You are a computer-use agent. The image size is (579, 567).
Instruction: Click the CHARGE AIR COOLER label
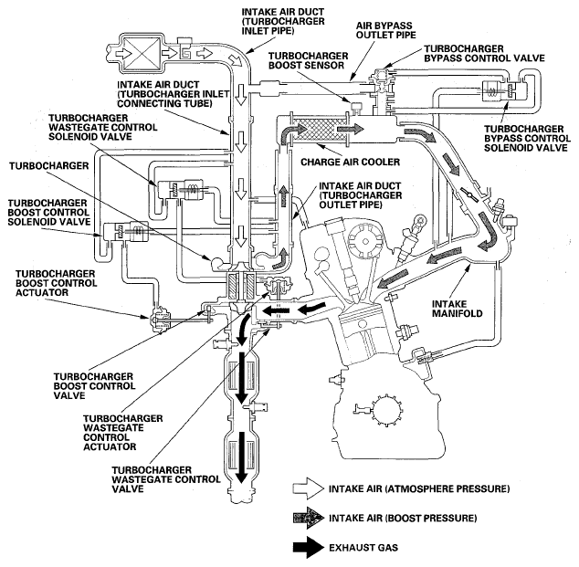click(350, 162)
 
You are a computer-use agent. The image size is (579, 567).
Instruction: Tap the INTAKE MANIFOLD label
click(458, 309)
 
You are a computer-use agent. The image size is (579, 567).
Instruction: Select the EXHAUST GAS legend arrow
click(308, 547)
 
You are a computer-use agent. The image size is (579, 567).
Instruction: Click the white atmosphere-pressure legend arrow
click(308, 488)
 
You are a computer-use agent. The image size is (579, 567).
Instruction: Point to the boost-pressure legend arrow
click(308, 518)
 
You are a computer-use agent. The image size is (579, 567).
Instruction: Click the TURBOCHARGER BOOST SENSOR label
click(308, 60)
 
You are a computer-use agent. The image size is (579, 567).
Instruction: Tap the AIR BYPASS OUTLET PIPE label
click(386, 30)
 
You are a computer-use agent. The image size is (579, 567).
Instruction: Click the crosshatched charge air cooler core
click(319, 130)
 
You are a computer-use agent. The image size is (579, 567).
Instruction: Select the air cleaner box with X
click(141, 54)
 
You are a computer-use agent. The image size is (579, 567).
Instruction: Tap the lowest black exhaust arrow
click(242, 457)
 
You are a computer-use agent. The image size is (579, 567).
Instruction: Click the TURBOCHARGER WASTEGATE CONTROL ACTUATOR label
click(122, 432)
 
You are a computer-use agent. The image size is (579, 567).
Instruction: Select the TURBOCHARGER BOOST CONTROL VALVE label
click(95, 385)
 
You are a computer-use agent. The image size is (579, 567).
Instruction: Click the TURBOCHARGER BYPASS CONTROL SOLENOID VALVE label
click(527, 139)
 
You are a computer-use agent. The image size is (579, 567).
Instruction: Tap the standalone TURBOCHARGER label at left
click(49, 166)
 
